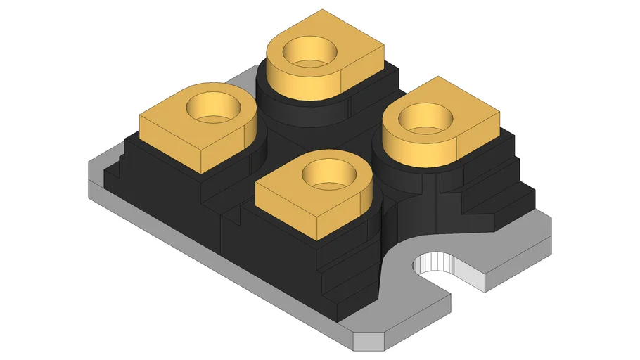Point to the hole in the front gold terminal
[326, 173]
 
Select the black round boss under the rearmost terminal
[281, 105]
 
